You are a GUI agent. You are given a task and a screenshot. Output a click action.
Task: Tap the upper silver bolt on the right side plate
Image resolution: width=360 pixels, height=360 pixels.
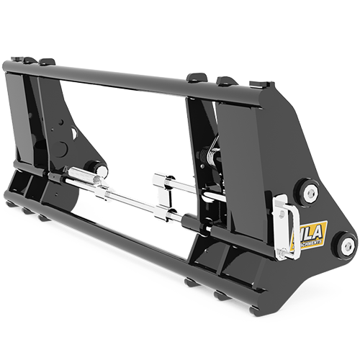310,192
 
